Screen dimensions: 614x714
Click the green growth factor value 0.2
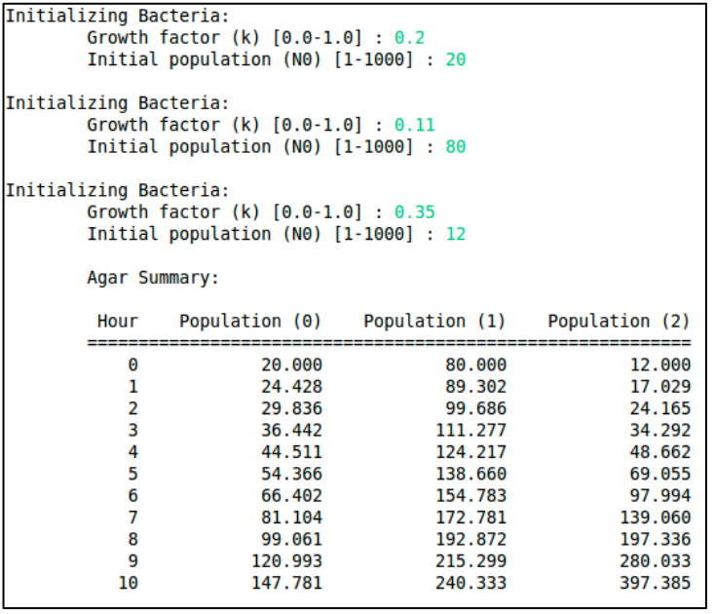tap(409, 38)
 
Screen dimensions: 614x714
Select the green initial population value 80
tap(456, 147)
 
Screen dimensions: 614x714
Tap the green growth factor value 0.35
tap(414, 212)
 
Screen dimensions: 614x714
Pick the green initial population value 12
tap(456, 234)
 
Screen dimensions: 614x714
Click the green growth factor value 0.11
tap(414, 125)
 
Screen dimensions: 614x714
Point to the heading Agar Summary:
tap(153, 278)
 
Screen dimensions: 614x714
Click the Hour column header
tap(118, 322)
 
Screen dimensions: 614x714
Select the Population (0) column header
tap(250, 322)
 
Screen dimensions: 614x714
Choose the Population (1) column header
tap(434, 322)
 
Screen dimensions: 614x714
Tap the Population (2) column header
tap(619, 322)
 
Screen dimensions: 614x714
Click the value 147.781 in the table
tap(291, 583)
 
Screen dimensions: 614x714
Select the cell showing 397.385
tap(660, 583)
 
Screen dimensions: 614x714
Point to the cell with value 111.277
tap(475, 430)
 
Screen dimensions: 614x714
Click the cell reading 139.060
tap(660, 518)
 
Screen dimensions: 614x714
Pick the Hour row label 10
tap(128, 583)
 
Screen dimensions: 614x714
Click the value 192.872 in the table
tap(475, 539)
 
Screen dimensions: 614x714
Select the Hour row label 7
tap(132, 518)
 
